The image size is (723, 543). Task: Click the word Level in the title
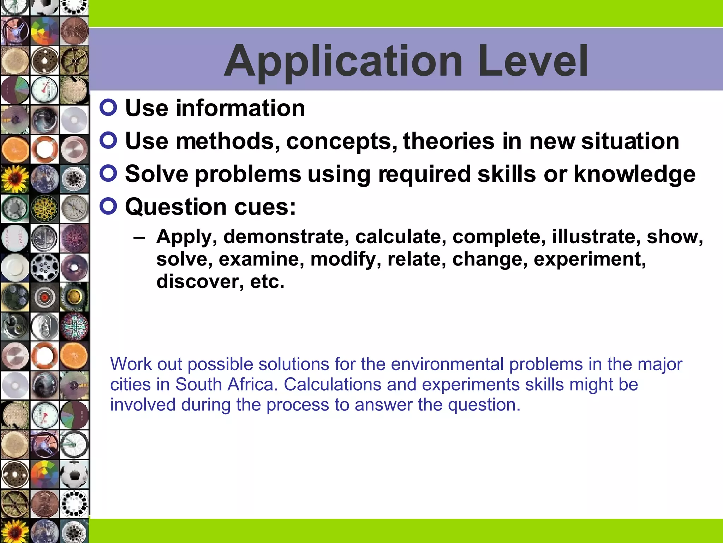pos(533,61)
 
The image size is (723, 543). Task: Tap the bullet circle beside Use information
pos(108,107)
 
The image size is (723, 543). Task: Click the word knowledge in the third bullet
pos(634,174)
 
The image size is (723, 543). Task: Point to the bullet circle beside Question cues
pos(108,206)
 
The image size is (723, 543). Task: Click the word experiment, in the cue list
pos(590,259)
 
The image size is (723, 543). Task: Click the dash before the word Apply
pos(139,237)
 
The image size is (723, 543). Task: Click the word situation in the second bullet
pos(630,141)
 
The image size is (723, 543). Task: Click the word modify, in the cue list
pos(346,259)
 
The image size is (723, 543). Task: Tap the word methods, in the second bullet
pos(228,141)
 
